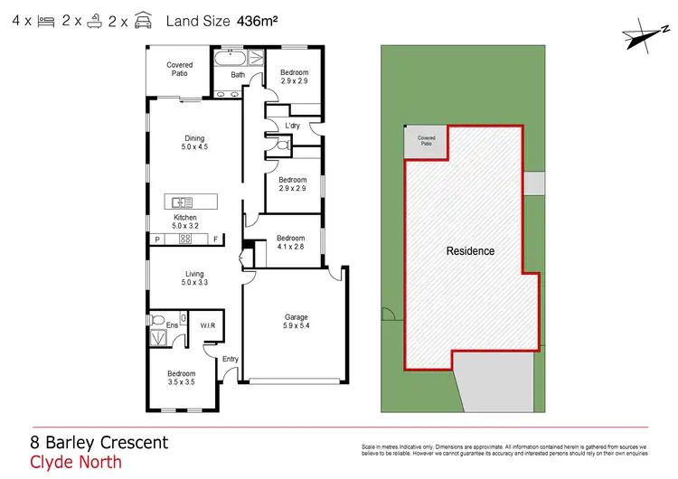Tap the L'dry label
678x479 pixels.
(292, 126)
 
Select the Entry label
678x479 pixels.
(231, 359)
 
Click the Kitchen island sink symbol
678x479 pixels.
(180, 202)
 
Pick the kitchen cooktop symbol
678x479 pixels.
(185, 239)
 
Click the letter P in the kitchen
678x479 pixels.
(157, 239)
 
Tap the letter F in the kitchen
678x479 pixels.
(216, 239)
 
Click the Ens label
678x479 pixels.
(172, 324)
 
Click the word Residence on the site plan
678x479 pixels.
(470, 250)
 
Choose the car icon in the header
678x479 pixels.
(143, 19)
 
